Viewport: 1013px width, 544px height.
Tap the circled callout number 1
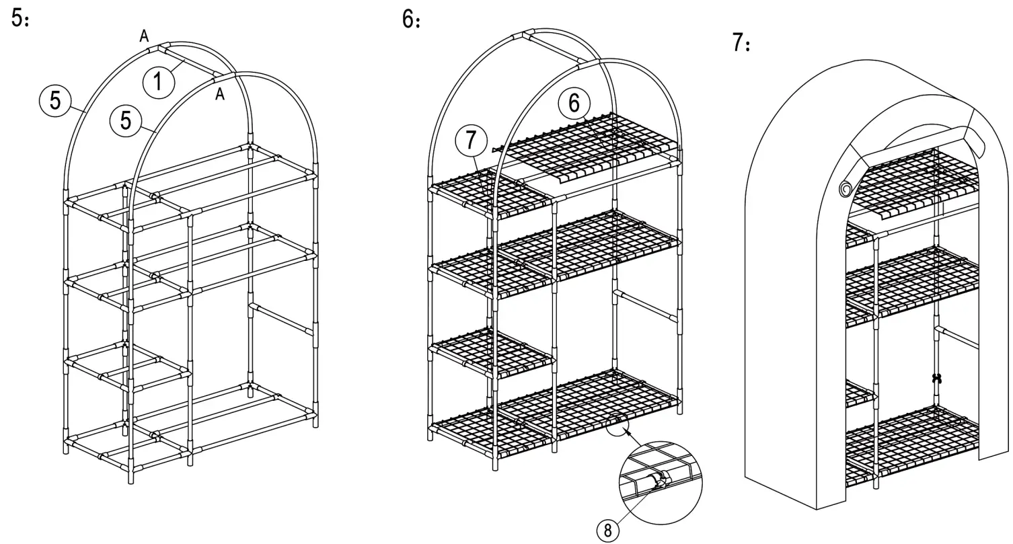158,82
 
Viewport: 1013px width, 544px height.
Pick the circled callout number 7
471,141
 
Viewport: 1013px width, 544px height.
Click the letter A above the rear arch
144,37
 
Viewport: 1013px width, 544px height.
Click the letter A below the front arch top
220,95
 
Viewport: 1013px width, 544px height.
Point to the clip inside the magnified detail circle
656,480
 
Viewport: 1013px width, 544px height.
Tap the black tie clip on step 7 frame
936,378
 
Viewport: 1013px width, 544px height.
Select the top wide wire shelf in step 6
592,145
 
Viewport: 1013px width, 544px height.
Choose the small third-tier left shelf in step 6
491,350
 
